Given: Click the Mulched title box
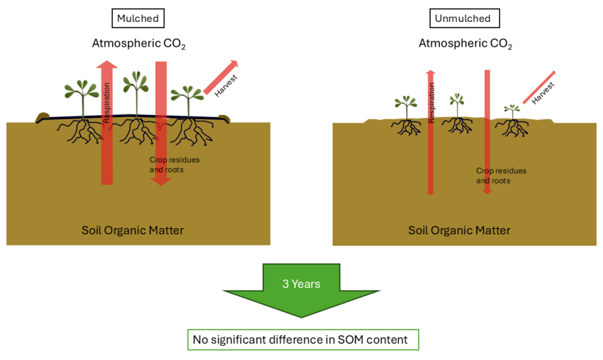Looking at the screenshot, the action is coord(138,18).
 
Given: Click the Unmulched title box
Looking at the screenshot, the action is coord(465,18).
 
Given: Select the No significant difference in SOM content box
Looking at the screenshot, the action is coord(303,340).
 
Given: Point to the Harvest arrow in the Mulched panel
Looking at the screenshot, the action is coord(221,78).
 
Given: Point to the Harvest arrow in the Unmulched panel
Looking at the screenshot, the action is coord(539,88).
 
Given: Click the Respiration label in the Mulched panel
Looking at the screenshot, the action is coord(107,102).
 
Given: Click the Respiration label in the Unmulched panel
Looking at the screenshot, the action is coord(431,102).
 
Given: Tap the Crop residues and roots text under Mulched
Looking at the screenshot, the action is coord(174,164).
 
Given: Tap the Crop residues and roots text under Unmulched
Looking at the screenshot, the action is coord(501,176).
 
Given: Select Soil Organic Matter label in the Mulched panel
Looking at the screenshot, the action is coord(133,230).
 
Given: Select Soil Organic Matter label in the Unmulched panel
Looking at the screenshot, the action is coord(459,230).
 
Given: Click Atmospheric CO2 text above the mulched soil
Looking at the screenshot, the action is coord(139,44).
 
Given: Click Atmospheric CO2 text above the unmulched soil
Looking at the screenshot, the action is coord(465,44).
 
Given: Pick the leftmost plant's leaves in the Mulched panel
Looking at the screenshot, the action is coord(81,90).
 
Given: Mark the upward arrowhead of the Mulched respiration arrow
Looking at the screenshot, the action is coord(107,64).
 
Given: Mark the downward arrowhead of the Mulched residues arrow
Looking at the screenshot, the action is coord(161,181).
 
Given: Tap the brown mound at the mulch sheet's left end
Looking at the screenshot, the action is coord(42,117).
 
